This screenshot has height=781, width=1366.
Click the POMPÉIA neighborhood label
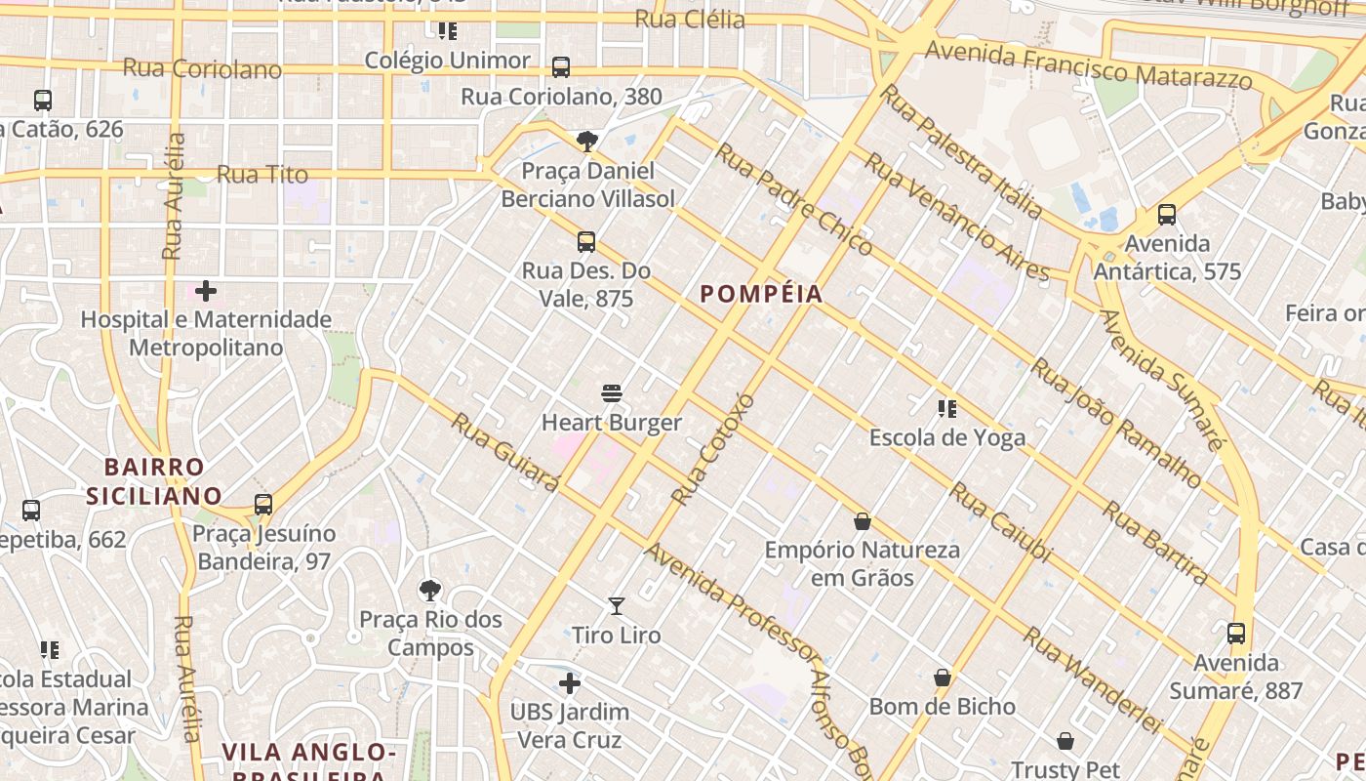[761, 294]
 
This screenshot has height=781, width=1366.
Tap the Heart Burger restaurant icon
[612, 393]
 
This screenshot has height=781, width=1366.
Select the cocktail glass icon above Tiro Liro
[617, 606]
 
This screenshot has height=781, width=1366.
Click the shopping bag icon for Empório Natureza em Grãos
[863, 521]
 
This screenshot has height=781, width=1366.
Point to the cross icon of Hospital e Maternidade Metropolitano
[206, 291]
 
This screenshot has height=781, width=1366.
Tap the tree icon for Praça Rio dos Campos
[429, 591]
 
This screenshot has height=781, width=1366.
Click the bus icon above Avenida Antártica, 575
[1167, 215]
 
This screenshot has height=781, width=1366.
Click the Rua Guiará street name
[505, 453]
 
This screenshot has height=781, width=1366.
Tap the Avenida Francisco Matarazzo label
[1088, 64]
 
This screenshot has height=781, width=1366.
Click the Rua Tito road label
[261, 175]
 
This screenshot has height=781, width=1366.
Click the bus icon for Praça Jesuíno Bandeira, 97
[263, 505]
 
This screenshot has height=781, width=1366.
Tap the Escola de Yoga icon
[946, 408]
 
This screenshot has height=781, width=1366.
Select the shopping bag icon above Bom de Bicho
[943, 678]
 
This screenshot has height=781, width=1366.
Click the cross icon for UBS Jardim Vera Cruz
[570, 683]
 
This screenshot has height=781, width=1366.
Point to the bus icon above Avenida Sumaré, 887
[1236, 634]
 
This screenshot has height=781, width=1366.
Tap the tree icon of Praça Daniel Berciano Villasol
[587, 143]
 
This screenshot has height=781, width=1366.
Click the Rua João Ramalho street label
[1116, 423]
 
